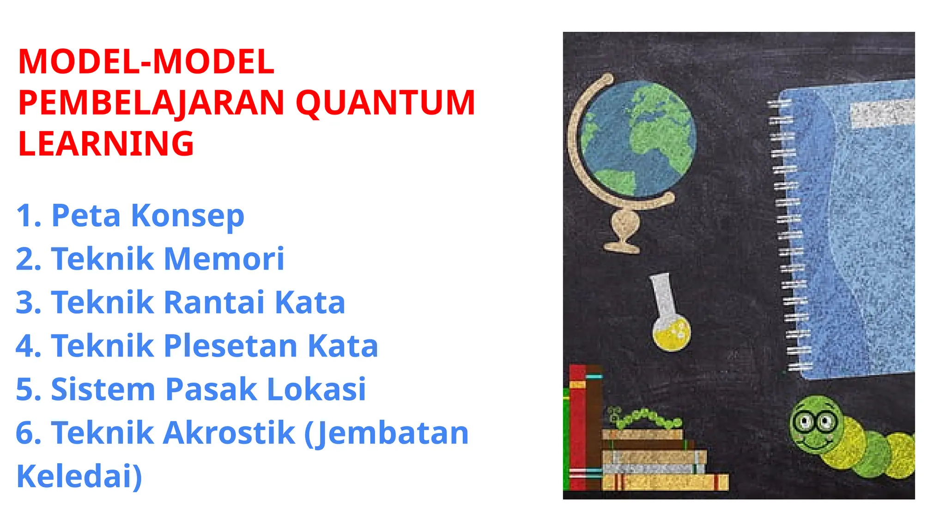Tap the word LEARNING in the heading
point(106,143)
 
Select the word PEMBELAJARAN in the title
point(151,103)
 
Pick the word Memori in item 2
point(224,259)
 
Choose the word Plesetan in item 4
point(230,346)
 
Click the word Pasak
point(211,389)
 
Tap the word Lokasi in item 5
point(316,389)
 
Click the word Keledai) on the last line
point(79,476)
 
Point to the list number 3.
point(29,302)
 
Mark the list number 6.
point(29,433)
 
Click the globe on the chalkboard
point(638,139)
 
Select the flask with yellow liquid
point(670,323)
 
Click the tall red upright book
point(577,427)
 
